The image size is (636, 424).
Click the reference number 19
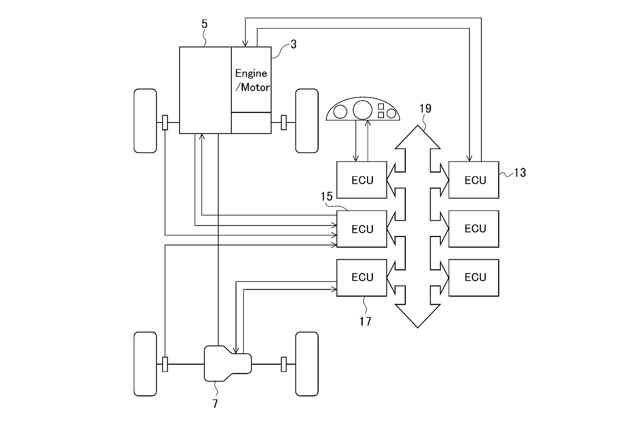coord(425,108)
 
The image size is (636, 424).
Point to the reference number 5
coord(205,24)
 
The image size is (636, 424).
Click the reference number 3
coord(294,44)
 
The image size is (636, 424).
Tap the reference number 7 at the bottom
coord(215,404)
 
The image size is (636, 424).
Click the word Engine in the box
coord(251,73)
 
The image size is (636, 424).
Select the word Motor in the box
coord(255,87)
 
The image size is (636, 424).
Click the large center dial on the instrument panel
coord(363,110)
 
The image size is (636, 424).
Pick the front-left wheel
coord(145,121)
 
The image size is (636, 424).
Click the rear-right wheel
coord(307,364)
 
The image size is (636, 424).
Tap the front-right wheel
coord(307,121)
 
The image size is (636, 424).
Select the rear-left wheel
coord(145,364)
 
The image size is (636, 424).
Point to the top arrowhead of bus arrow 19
coord(418,126)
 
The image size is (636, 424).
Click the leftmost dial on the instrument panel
coord(340,112)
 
